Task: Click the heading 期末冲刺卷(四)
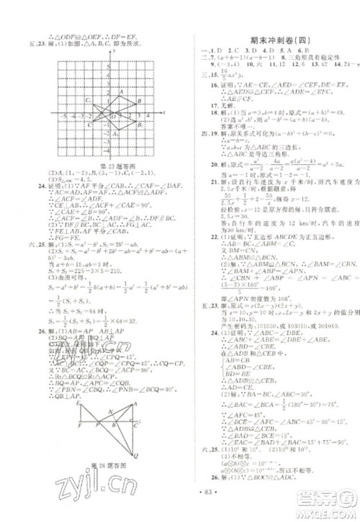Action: [275, 40]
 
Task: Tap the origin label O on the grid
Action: [106, 117]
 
